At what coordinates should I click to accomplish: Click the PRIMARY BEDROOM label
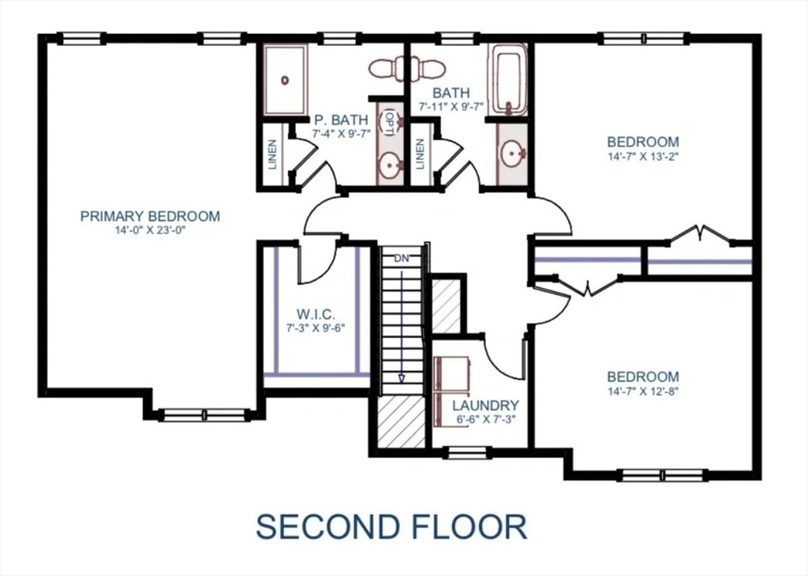tap(150, 216)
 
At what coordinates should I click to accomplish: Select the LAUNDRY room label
tap(485, 406)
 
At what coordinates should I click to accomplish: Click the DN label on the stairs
tap(401, 258)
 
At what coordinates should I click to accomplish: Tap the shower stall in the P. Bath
tap(285, 80)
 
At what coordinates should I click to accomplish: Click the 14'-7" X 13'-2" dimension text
tap(642, 156)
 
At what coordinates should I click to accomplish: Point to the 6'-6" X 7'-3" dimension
tap(485, 419)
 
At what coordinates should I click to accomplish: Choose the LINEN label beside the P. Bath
tap(273, 155)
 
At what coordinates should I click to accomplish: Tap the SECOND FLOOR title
tap(391, 526)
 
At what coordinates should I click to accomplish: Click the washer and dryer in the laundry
tap(451, 390)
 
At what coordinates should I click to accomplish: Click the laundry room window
tap(467, 452)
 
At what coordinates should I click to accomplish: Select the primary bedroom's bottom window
tap(204, 414)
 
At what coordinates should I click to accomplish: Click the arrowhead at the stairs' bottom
tap(401, 379)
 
